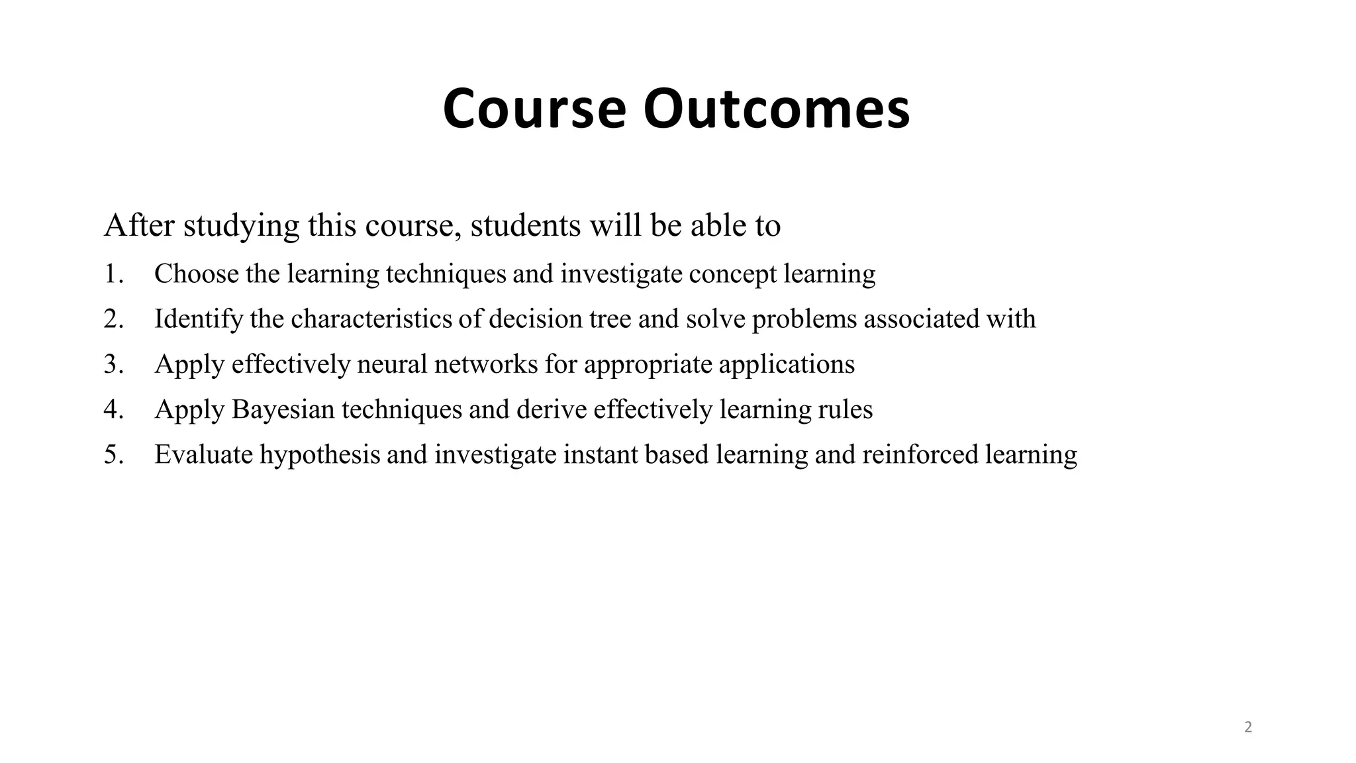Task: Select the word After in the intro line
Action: click(139, 225)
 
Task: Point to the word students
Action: click(526, 225)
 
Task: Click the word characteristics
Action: click(373, 319)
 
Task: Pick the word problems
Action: click(804, 319)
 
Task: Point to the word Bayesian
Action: click(283, 410)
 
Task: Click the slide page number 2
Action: click(1248, 727)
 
